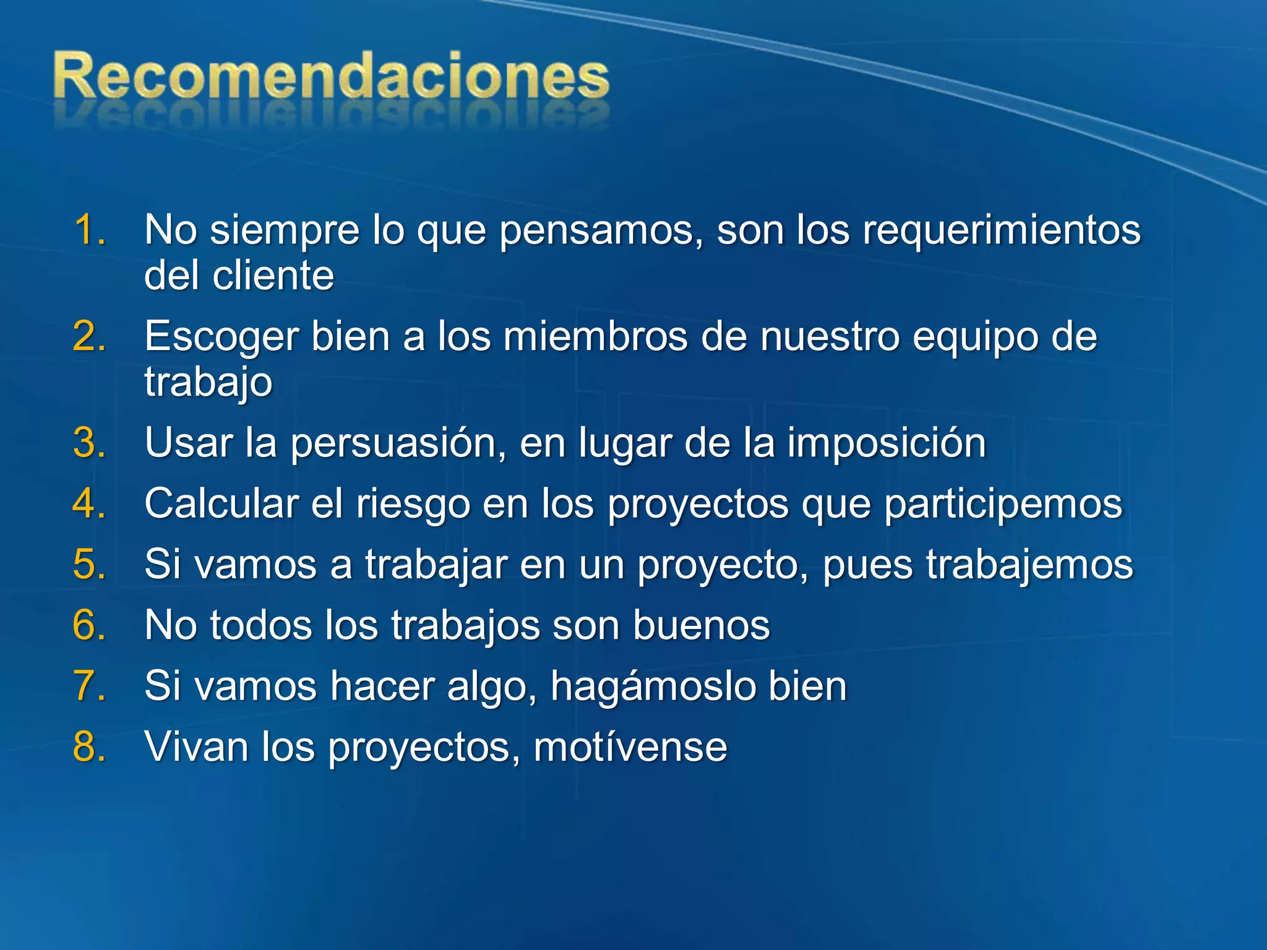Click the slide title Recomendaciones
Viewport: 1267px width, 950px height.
[331, 77]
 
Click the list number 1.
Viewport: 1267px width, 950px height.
[88, 230]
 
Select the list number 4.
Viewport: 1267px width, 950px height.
[88, 503]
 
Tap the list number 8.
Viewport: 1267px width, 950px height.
[88, 747]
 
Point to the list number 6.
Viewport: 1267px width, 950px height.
[88, 625]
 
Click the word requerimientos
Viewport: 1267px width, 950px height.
[1001, 230]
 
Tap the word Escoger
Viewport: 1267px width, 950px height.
[221, 338]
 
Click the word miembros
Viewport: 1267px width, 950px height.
[595, 336]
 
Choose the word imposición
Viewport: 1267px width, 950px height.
[886, 444]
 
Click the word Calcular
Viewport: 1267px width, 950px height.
[221, 503]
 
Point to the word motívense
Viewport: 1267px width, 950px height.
[630, 747]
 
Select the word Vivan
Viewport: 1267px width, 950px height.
[196, 747]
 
